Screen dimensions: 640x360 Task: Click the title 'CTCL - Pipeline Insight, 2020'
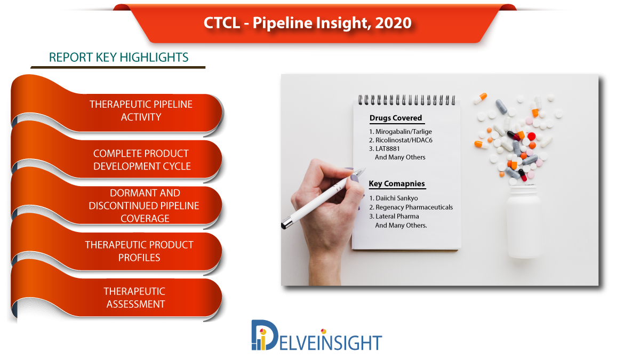[x=307, y=23]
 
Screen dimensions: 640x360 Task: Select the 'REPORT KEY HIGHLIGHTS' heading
[x=118, y=58]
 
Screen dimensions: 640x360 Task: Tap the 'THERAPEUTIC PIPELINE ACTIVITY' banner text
[x=141, y=110]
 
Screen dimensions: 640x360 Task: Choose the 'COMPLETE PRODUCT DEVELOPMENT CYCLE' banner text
[x=141, y=159]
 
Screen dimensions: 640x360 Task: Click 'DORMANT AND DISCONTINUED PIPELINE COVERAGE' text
[x=144, y=206]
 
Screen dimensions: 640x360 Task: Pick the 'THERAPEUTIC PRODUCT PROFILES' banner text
[x=139, y=251]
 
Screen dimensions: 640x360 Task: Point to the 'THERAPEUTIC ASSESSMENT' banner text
[x=134, y=298]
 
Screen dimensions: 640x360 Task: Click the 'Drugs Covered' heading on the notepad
[x=396, y=118]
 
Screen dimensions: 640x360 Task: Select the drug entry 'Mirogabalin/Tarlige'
[x=401, y=131]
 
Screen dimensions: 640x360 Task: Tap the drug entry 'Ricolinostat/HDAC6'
[x=401, y=140]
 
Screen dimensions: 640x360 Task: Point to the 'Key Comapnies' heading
[x=397, y=183]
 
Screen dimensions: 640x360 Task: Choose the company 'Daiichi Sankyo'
[x=394, y=198]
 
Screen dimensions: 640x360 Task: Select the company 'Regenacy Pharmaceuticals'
[x=411, y=207]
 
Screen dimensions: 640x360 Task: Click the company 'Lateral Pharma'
[x=394, y=217]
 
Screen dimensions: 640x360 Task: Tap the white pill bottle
[x=523, y=222]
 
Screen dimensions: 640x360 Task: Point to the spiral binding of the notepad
[x=407, y=100]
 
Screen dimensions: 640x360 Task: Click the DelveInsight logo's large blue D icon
[x=265, y=335]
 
